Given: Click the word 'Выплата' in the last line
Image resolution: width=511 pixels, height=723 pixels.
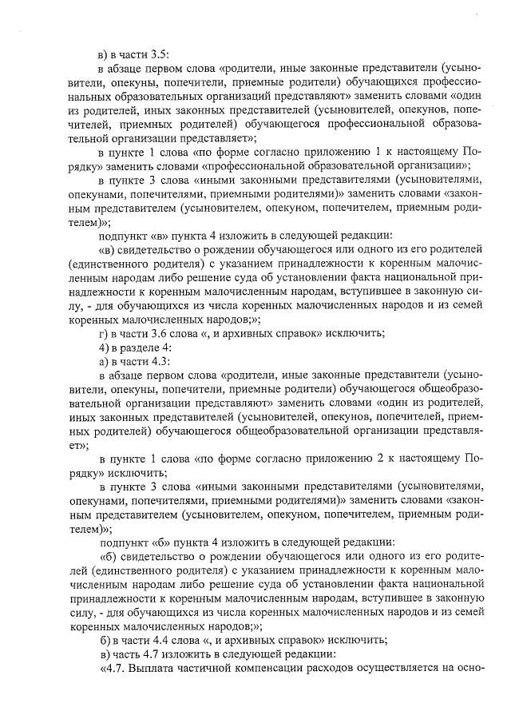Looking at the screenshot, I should click(x=155, y=669).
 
